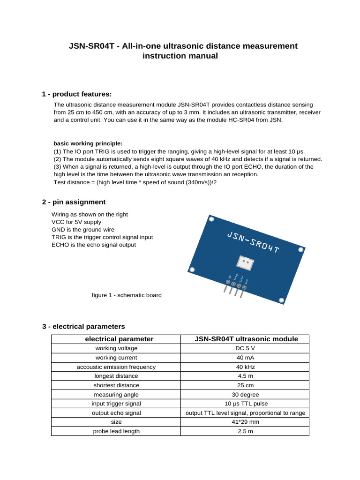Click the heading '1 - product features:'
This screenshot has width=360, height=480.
[x=77, y=94]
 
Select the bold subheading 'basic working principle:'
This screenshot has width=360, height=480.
[x=88, y=143]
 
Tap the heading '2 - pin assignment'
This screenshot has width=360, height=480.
[x=74, y=202]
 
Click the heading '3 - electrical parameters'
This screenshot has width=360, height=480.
[x=83, y=326]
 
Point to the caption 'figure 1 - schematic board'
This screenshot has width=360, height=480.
[x=127, y=295]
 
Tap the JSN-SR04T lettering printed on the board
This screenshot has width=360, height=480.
[x=253, y=241]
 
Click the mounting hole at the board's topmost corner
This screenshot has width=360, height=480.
[x=211, y=219]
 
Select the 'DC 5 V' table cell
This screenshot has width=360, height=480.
[x=245, y=348]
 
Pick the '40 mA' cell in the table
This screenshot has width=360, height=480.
[x=245, y=358]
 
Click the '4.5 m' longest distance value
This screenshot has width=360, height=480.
[x=245, y=376]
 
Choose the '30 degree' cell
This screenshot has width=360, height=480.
[x=245, y=395]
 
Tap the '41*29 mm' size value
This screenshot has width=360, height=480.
[x=245, y=422]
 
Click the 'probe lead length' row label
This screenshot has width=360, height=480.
[x=116, y=431]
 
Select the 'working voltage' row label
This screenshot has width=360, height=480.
[x=116, y=348]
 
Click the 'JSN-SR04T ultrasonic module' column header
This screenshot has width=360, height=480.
[x=246, y=339]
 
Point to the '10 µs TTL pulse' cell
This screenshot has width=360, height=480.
[x=245, y=404]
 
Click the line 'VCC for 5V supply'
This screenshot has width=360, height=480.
[x=76, y=222]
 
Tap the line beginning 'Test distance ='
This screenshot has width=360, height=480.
[x=135, y=182]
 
